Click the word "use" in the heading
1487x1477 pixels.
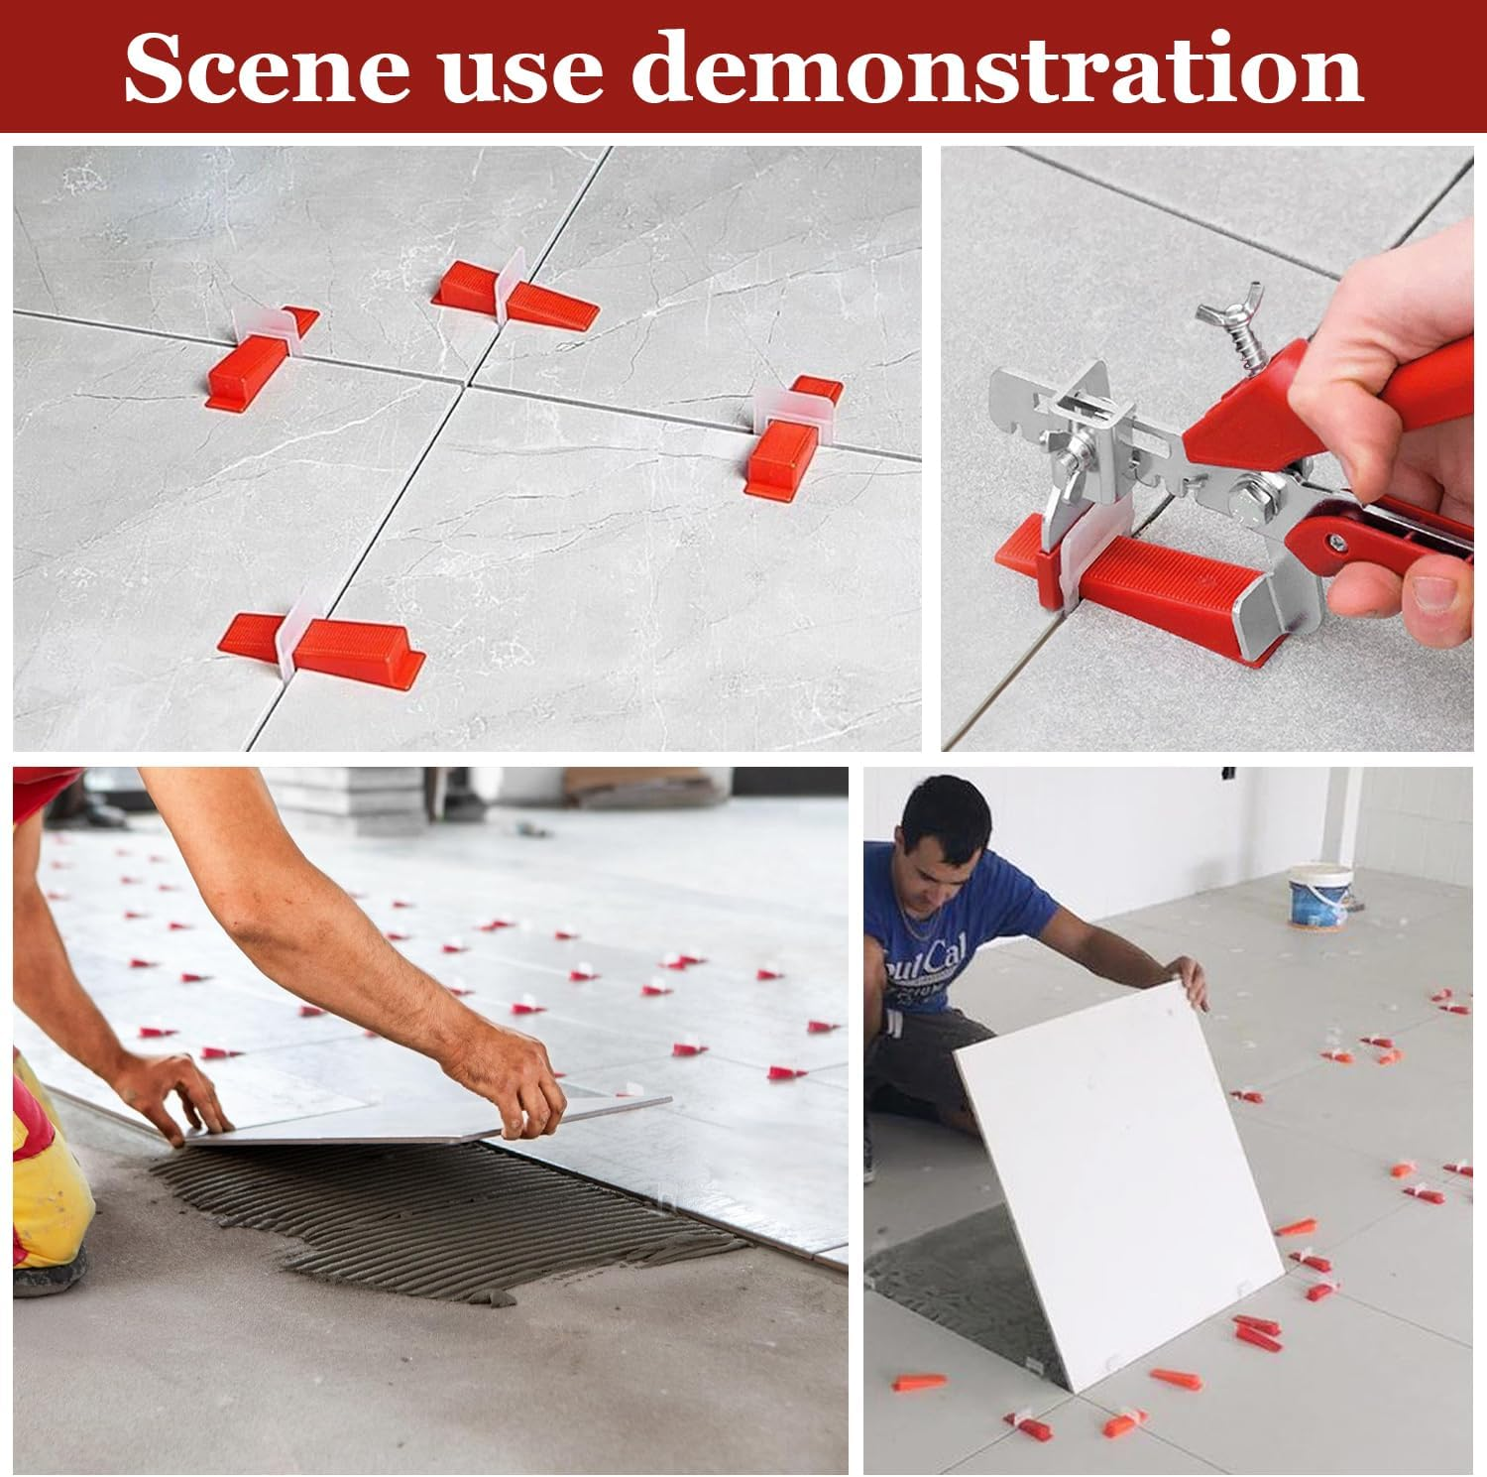tap(521, 69)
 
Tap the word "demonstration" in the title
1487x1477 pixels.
tap(998, 67)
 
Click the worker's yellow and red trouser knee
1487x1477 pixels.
tap(45, 1170)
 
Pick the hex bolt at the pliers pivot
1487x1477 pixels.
tap(1253, 492)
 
